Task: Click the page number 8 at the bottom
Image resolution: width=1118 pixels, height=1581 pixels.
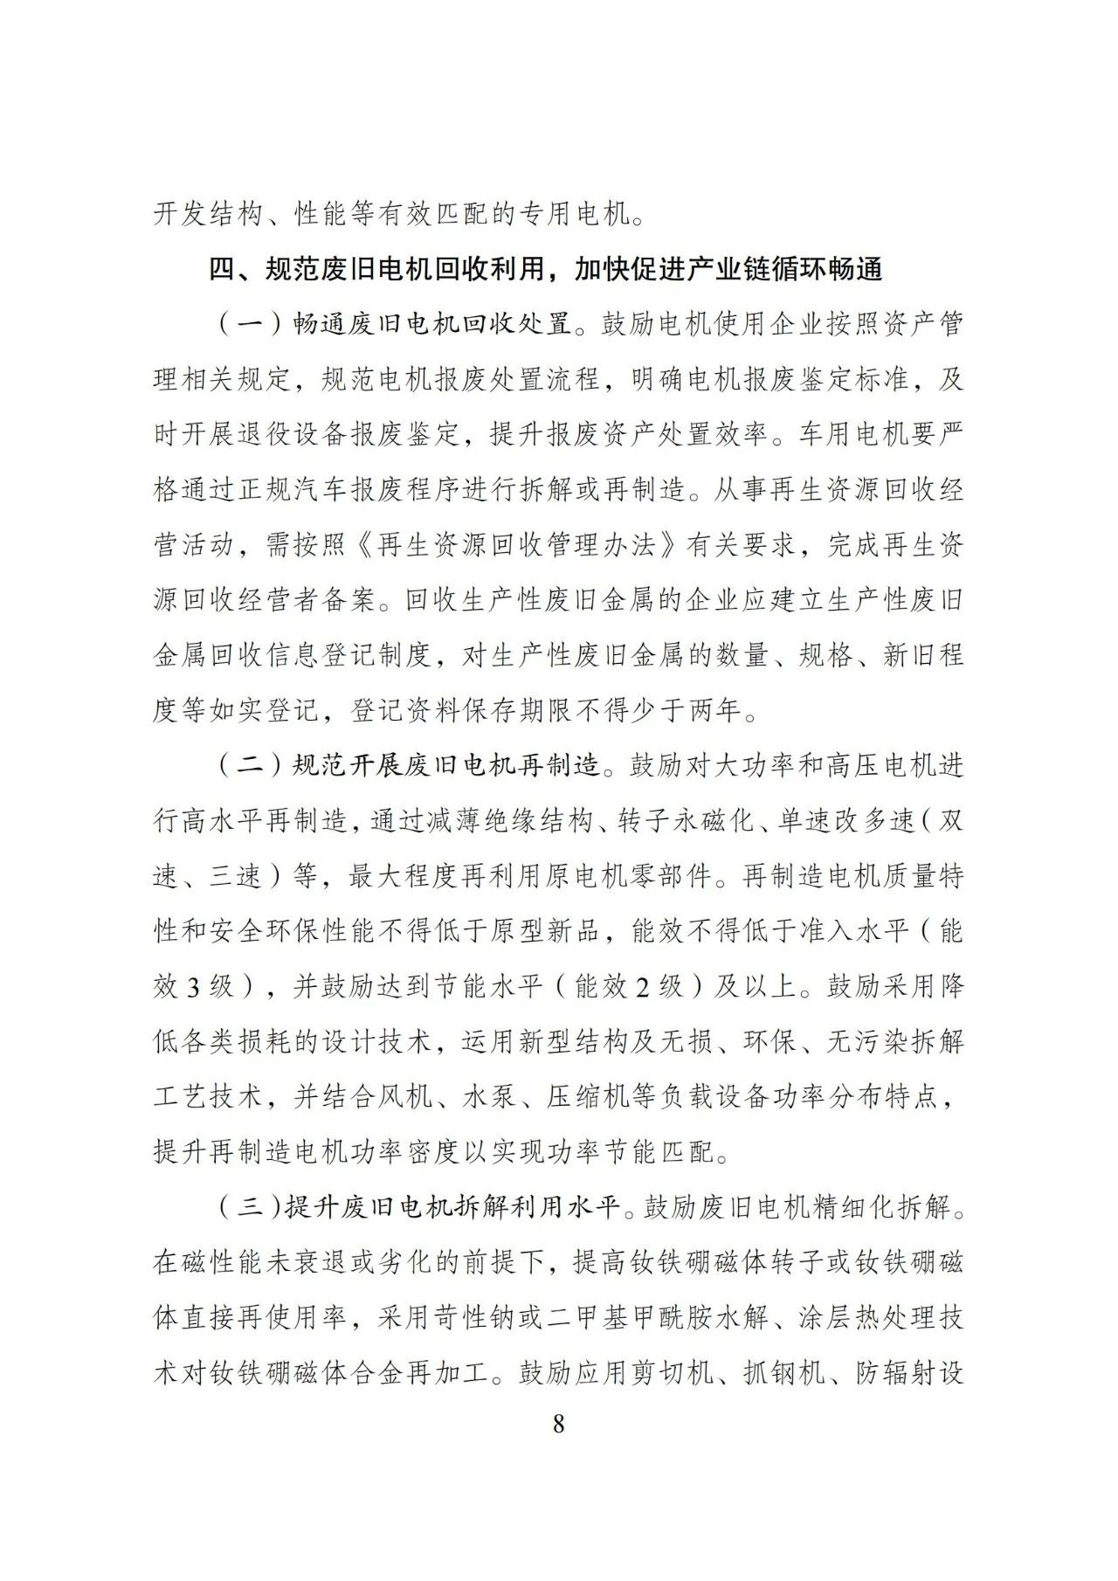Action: point(559,1424)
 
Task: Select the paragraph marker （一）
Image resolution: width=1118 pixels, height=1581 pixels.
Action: point(247,325)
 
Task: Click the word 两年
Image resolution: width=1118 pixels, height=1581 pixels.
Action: point(714,711)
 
